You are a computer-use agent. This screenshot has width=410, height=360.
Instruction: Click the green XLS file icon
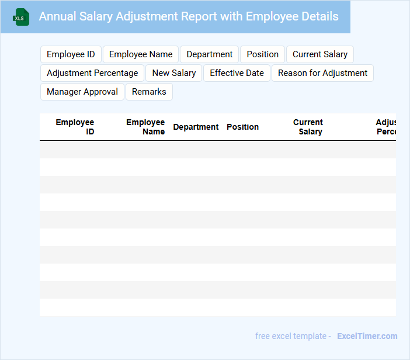pos(21,17)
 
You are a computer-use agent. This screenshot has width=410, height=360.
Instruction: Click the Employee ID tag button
pos(71,54)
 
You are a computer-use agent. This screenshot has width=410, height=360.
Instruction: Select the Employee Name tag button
pos(141,54)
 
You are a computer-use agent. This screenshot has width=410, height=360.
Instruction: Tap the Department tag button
pos(209,54)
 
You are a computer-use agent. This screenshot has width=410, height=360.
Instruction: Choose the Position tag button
pos(262,54)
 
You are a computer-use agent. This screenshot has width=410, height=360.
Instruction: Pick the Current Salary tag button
pos(319,54)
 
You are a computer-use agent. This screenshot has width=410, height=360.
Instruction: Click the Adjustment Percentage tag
pos(92,73)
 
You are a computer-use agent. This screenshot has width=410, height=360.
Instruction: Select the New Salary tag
pos(174,73)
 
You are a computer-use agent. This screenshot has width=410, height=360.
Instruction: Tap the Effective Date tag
pos(237,73)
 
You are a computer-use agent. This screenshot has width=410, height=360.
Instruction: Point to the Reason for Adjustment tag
pos(322,73)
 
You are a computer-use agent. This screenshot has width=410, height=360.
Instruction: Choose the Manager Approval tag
pos(82,92)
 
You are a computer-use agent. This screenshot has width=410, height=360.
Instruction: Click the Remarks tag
pos(149,92)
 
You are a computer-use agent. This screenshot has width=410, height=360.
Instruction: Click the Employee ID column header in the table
pos(75,127)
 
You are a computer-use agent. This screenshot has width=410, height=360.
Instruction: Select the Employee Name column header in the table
pos(145,127)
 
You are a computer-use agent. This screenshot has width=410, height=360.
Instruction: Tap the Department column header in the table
pos(196,127)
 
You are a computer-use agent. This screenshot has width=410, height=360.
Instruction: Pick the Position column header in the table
pos(242,127)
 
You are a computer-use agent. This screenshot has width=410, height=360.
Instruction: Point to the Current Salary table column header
pos(308,127)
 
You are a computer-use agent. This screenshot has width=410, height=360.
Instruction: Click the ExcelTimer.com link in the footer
pos(367,336)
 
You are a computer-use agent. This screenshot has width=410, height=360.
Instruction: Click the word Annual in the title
pos(56,16)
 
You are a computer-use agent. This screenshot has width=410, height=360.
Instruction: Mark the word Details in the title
pos(318,16)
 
